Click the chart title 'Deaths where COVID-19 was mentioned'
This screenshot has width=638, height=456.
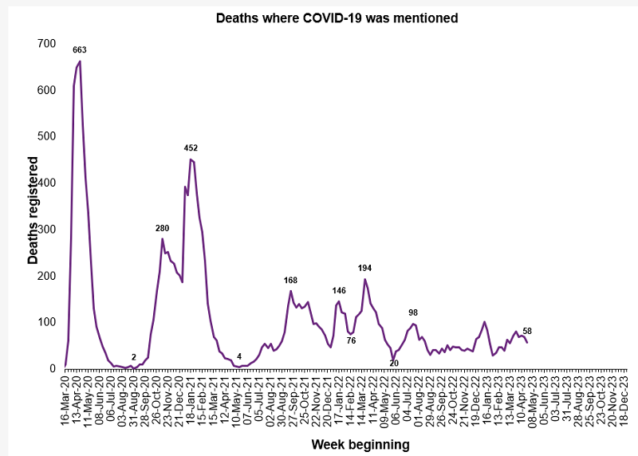pos(337,18)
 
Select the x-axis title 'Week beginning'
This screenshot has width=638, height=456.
pos(360,444)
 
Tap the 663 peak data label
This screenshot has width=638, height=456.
pos(79,50)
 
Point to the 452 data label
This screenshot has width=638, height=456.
pos(191,148)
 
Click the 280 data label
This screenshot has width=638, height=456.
pos(162,228)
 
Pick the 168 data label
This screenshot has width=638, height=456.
pos(291,280)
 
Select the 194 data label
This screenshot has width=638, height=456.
pos(365,268)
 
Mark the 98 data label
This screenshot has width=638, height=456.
pos(412,313)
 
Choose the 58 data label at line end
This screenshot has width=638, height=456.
pos(527,331)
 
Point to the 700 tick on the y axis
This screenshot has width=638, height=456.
pos(47,43)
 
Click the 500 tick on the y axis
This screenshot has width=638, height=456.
pos(47,136)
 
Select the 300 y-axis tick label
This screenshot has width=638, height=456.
pos(47,230)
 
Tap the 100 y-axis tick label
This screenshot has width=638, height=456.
pos(47,322)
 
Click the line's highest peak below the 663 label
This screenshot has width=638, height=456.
pos(80,61)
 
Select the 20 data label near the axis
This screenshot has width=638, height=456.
pos(393,363)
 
